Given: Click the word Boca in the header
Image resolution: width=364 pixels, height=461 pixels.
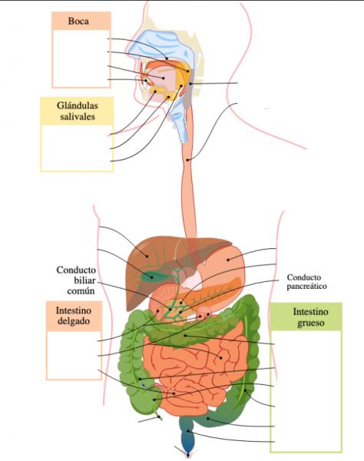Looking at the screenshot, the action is click(78, 22).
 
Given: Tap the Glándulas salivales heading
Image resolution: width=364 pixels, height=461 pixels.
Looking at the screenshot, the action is click(78, 111).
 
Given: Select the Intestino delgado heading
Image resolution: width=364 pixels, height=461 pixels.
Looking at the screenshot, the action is click(74, 316).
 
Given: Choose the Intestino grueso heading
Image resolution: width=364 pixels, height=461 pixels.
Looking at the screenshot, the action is click(310, 317).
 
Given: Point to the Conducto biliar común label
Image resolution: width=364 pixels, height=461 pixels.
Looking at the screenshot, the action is click(76, 280).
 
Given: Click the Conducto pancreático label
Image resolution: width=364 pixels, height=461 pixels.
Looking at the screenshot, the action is click(306, 282).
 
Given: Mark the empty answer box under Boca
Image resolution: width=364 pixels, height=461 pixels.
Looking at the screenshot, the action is click(81, 58).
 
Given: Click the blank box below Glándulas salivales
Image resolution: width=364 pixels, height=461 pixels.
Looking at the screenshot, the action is click(77, 148).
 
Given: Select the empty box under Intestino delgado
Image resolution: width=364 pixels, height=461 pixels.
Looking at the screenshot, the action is click(74, 355).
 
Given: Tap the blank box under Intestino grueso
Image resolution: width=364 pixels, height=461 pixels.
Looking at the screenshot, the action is click(306, 391).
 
